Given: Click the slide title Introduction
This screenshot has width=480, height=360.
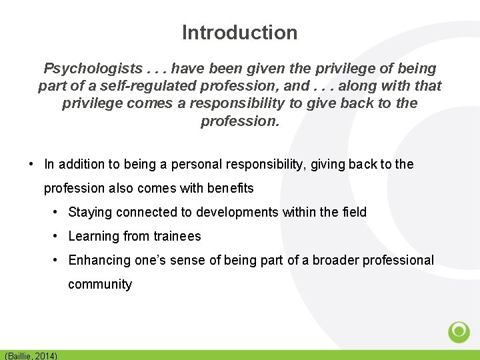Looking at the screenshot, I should tap(239, 32).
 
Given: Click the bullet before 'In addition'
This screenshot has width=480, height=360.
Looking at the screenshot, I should tap(31, 164).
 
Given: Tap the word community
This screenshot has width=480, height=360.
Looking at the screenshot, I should tap(100, 284).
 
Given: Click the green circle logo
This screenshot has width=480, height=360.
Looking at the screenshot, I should tap(459, 331).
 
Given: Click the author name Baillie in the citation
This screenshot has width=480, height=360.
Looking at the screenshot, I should tap(21, 356).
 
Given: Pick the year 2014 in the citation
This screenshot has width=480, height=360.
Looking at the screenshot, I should tap(46, 356).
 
